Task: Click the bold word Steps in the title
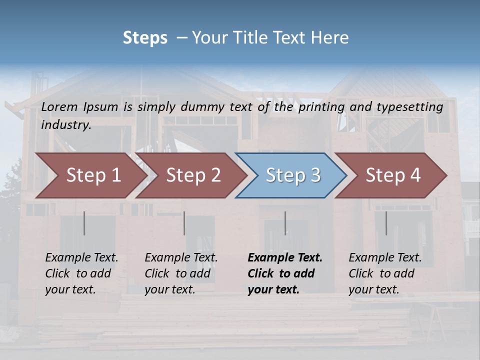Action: [x=145, y=38]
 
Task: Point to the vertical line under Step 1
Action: [x=84, y=223]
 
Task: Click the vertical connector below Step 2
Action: [x=184, y=223]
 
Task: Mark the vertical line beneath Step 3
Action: [x=285, y=223]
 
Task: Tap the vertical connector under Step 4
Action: [x=386, y=223]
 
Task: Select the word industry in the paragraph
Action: [x=66, y=125]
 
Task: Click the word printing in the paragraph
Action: [x=320, y=107]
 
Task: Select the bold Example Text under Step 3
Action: [x=285, y=258]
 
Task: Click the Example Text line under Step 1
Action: [x=81, y=258]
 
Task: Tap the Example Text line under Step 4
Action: [x=385, y=258]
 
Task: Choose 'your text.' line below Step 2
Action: [x=170, y=289]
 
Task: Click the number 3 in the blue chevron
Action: [x=315, y=175]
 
